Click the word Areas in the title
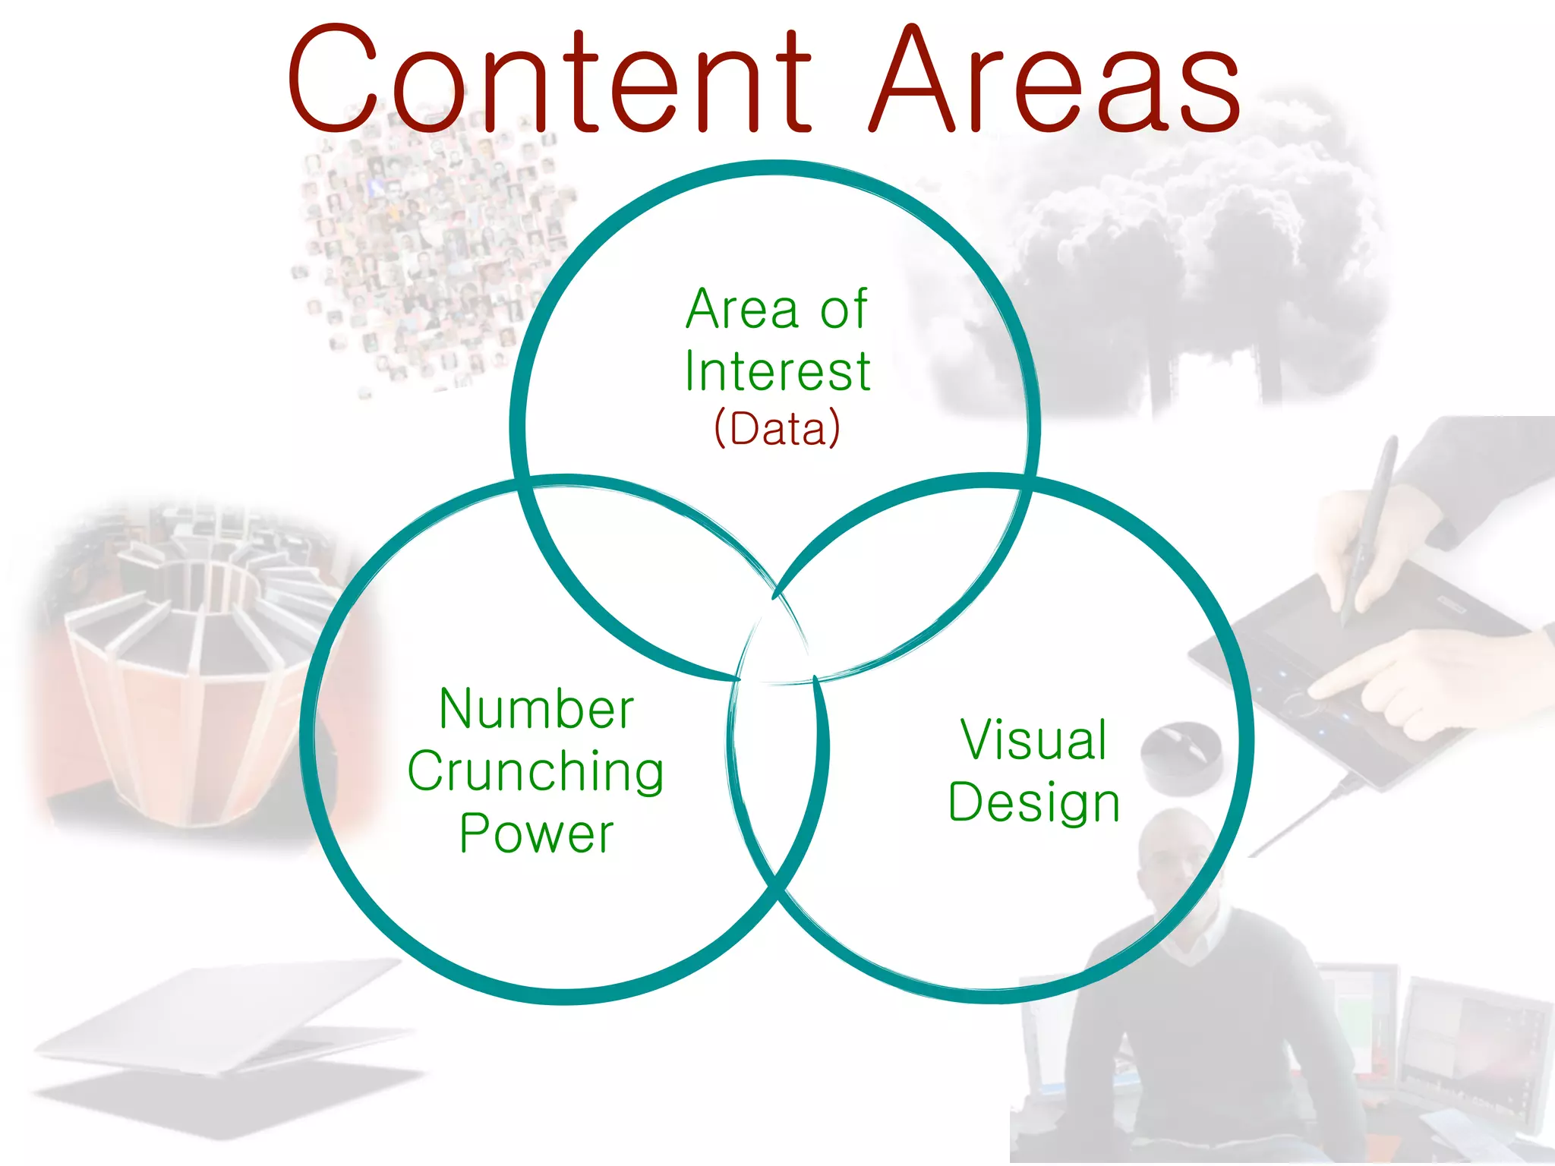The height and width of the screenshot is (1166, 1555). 1055,80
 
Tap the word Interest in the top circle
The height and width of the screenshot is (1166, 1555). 777,371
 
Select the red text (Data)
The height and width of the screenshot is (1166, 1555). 777,428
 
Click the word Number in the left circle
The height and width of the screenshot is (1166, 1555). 536,709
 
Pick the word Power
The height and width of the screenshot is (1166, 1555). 536,834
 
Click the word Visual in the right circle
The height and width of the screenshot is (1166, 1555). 1033,739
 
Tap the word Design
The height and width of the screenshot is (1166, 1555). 1033,802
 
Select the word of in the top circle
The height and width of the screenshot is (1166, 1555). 843,310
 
